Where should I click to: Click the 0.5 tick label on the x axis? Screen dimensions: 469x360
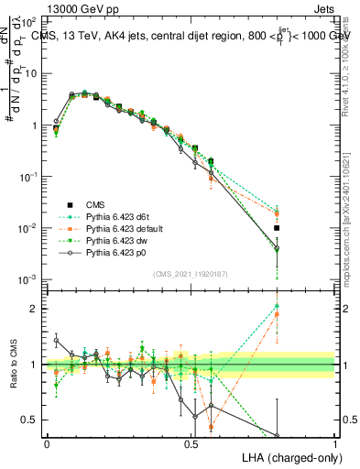[191, 442]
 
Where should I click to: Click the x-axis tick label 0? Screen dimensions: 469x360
[47, 442]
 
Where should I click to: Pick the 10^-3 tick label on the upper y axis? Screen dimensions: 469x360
[29, 278]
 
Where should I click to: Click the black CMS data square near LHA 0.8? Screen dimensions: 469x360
[277, 228]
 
